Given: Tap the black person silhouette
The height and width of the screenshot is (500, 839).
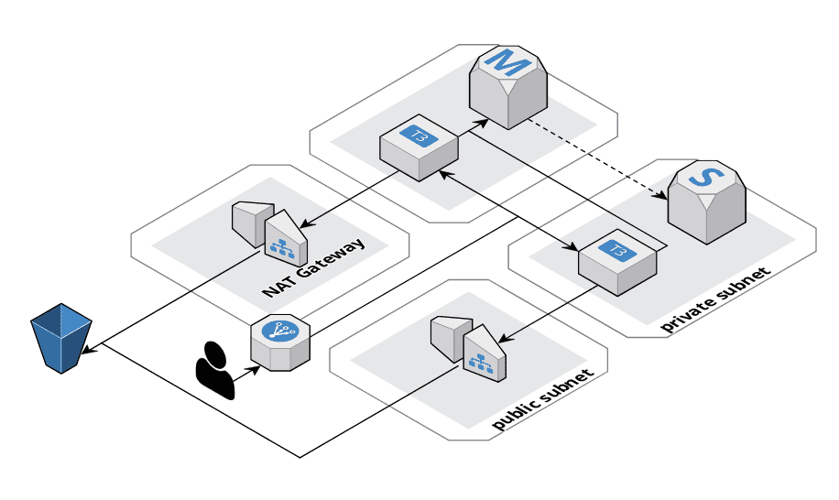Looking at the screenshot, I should tap(216, 370).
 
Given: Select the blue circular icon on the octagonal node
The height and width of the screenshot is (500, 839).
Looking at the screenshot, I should tap(274, 332).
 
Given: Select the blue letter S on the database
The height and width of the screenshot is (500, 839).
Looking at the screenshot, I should tap(702, 178).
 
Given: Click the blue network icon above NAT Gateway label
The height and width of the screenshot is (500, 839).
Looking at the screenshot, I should tap(278, 245).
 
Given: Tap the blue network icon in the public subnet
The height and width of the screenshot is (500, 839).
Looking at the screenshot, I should tap(477, 362).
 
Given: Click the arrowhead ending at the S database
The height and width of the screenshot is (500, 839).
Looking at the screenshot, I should tap(661, 194).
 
